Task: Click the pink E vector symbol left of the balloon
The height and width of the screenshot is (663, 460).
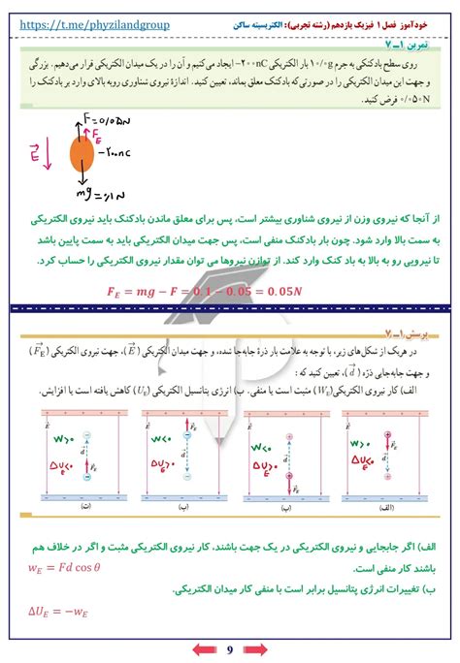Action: point(35,152)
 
